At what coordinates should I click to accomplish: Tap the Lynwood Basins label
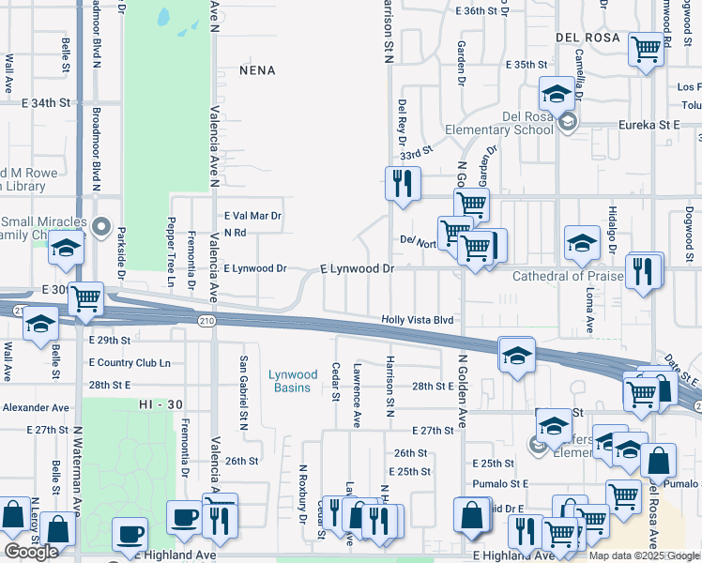click(293, 381)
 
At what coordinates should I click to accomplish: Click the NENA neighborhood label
click(257, 70)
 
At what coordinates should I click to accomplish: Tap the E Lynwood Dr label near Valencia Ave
click(255, 268)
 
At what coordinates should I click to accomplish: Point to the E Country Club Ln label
click(130, 362)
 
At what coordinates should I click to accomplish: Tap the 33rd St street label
click(415, 150)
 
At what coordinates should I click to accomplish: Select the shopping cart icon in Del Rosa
click(646, 48)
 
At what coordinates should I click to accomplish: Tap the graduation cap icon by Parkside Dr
click(66, 249)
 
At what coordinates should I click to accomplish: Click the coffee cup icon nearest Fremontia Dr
click(182, 515)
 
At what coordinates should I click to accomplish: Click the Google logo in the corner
click(31, 552)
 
